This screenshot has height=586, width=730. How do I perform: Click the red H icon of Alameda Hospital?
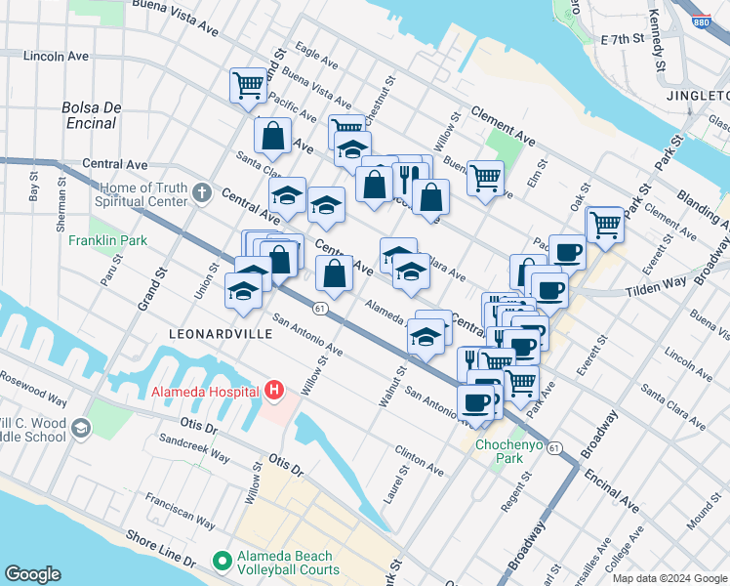(x=274, y=392)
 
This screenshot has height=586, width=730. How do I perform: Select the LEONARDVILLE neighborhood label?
(x=216, y=333)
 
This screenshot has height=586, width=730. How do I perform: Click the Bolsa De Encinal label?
(x=90, y=114)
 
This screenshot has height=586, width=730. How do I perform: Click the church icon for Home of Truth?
(x=202, y=191)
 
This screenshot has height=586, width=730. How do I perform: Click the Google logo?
(x=32, y=573)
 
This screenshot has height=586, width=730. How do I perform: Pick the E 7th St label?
(x=624, y=40)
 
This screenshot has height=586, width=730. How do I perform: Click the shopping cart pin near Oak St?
(x=605, y=225)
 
